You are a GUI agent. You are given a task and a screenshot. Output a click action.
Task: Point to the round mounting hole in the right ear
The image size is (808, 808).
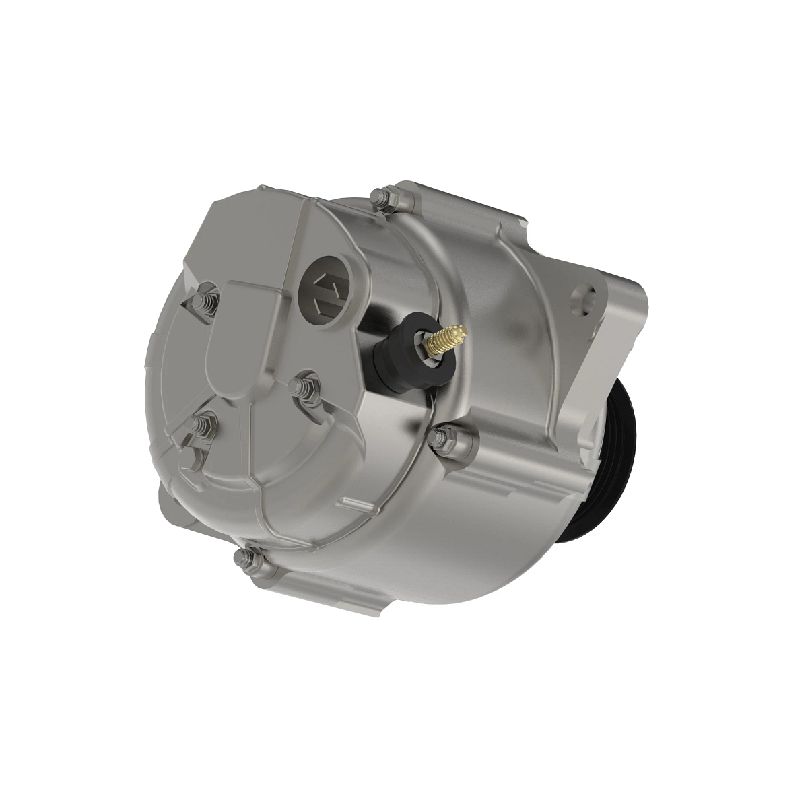[583, 296]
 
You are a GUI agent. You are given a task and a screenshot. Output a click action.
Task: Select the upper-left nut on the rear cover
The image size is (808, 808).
[207, 302]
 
